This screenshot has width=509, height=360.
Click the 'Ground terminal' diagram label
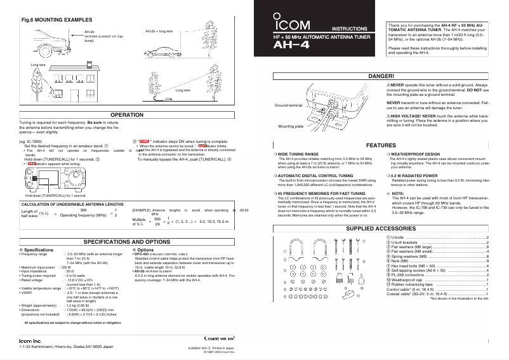(x=288, y=104)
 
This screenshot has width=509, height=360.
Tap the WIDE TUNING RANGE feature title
(x=298, y=154)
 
